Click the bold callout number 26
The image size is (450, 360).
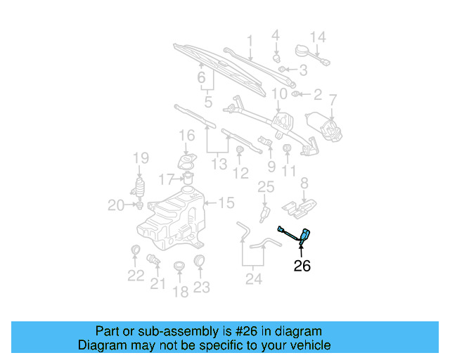(x=302, y=266)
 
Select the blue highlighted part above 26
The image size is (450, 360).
(x=303, y=236)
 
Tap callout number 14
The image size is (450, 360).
(x=318, y=37)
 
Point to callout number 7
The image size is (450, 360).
(x=333, y=100)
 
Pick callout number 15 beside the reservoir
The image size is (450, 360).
(x=226, y=203)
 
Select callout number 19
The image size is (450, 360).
(x=141, y=158)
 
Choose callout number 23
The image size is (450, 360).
(x=202, y=287)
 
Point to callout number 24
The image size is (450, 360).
(x=253, y=280)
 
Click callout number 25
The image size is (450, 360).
(x=265, y=187)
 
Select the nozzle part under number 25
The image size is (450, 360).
(x=265, y=212)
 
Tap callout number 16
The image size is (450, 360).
(x=186, y=135)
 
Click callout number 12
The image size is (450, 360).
(x=241, y=172)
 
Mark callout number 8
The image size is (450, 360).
(x=304, y=184)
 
